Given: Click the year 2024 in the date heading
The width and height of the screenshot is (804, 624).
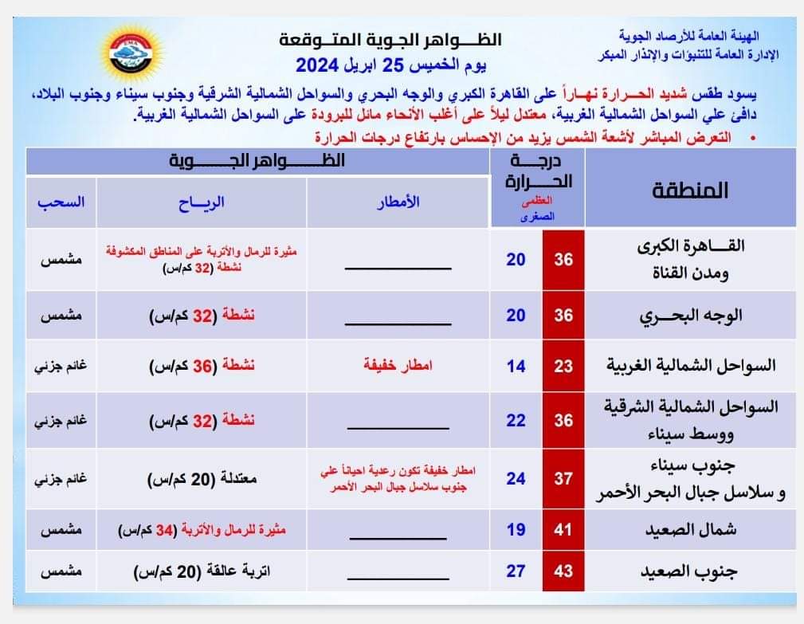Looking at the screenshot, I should [x=318, y=64].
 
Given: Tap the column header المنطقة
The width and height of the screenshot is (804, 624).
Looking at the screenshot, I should [x=691, y=190].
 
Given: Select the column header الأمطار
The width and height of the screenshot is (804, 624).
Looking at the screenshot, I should [x=398, y=202].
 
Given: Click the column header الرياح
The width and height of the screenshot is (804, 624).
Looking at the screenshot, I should [x=202, y=202].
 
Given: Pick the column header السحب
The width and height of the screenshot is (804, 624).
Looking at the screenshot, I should [x=61, y=202].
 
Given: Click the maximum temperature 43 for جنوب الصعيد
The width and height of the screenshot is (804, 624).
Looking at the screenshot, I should [x=564, y=572].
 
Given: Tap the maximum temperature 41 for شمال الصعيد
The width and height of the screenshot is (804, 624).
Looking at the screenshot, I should [x=564, y=529].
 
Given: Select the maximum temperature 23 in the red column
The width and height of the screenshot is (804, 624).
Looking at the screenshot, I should [x=564, y=367].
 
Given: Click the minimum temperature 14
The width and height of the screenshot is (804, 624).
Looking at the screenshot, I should [x=516, y=367].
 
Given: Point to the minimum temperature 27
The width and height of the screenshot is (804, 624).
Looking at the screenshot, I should [x=516, y=572].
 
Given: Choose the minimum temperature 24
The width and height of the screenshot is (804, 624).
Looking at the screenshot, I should [x=516, y=479].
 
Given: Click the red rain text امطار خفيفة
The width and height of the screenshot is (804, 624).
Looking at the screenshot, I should [x=398, y=367].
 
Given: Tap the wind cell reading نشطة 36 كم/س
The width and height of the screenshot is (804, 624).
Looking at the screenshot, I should [x=202, y=367].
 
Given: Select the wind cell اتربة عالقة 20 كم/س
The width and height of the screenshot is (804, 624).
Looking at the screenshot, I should [x=202, y=572].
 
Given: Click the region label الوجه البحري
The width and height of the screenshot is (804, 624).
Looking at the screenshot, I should [x=691, y=315].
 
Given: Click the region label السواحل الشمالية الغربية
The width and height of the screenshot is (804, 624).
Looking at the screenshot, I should [x=689, y=367].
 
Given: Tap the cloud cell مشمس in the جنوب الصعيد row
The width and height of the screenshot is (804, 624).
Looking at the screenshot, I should [x=61, y=572].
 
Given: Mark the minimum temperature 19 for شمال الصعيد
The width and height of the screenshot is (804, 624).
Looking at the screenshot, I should [x=516, y=529].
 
